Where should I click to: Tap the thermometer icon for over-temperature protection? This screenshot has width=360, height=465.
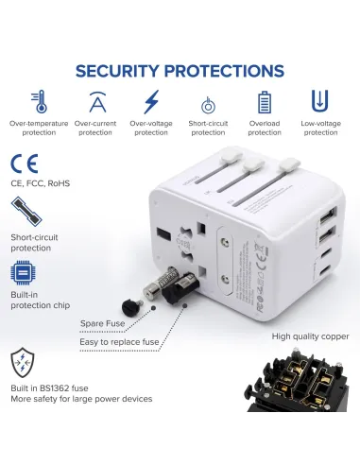[38, 102]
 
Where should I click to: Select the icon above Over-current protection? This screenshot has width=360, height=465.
[96, 102]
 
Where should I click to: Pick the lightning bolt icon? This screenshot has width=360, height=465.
[151, 101]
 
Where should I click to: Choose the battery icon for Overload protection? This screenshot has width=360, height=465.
[266, 102]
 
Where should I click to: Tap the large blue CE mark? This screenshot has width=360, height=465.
[23, 161]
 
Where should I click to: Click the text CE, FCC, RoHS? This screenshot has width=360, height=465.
[41, 183]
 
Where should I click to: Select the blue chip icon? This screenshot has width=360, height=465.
[23, 273]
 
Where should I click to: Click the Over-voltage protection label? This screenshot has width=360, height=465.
[151, 128]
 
